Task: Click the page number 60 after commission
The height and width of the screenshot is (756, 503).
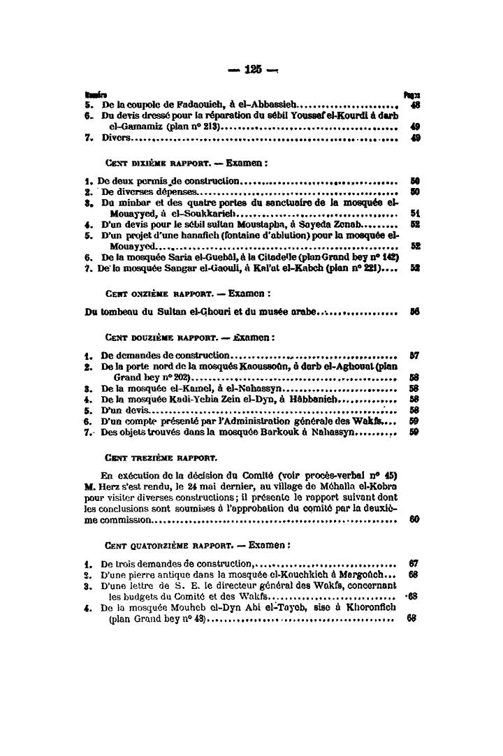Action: [x=414, y=520]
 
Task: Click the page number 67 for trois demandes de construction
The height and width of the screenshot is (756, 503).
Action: [x=414, y=563]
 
